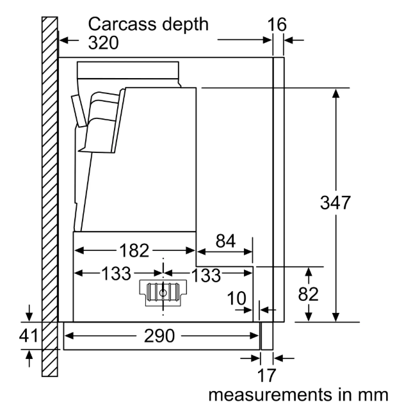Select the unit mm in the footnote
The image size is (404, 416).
[x=372, y=395]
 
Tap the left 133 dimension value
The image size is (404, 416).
[x=102, y=275]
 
